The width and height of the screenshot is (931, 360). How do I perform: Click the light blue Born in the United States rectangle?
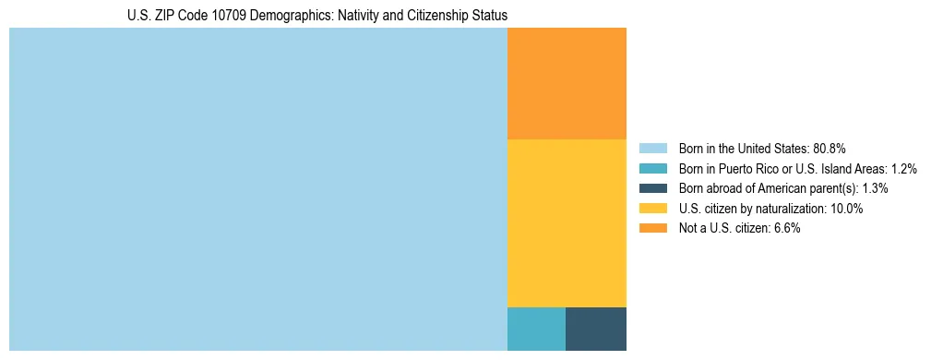pos(258,189)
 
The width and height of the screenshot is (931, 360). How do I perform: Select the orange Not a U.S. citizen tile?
pos(567,83)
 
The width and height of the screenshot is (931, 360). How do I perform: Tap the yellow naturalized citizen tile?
pos(567,222)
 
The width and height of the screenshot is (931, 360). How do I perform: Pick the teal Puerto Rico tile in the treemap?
pos(536,329)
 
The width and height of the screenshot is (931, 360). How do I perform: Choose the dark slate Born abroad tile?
pos(596,329)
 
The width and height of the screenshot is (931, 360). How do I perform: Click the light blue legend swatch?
pos(652,149)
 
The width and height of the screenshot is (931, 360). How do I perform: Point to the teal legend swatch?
pos(652,169)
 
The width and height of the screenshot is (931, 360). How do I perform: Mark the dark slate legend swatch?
pos(652,188)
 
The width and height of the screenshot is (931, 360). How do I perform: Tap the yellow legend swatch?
pos(652,209)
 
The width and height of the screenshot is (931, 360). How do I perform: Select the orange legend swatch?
pos(652,229)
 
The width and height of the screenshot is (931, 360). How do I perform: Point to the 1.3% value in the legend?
pos(875,188)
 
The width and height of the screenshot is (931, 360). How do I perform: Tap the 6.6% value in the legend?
pos(784,229)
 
